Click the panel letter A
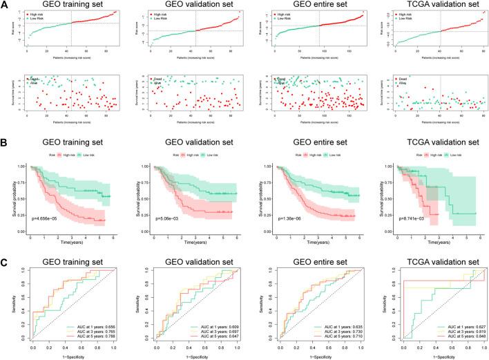point(5,5)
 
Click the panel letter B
point(5,126)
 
